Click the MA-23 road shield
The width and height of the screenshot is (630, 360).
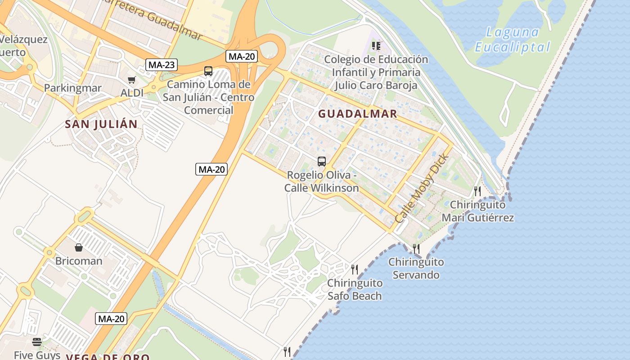click(162, 65)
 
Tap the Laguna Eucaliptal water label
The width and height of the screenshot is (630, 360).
click(513, 40)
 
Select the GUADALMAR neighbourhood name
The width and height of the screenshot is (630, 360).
click(358, 114)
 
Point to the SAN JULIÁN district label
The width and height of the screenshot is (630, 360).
click(101, 124)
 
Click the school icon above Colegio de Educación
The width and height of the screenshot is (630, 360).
click(376, 46)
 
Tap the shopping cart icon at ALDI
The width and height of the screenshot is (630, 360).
click(131, 80)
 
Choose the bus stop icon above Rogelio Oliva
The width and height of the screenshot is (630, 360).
click(321, 162)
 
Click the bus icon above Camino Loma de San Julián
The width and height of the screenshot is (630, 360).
click(208, 71)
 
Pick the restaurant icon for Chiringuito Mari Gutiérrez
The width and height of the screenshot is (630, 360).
click(477, 191)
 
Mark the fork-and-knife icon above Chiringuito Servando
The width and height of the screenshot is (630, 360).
click(416, 248)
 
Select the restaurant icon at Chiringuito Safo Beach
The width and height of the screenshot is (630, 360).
click(355, 270)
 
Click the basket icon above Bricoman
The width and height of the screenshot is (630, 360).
click(79, 247)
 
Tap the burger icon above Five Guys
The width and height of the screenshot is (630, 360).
click(37, 342)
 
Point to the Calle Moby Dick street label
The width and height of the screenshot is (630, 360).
click(422, 188)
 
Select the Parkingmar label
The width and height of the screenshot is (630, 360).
click(72, 88)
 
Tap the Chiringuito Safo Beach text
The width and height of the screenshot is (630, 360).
click(355, 289)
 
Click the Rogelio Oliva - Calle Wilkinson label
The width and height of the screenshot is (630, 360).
click(322, 181)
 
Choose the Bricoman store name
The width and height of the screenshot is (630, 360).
click(79, 261)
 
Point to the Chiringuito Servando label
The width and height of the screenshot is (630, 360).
click(416, 268)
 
